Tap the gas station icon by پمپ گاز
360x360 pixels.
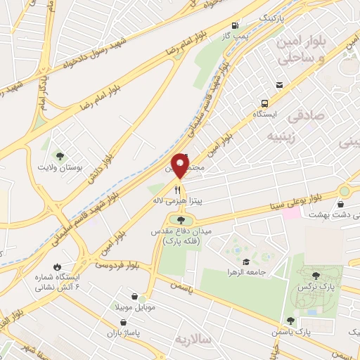point(235,23)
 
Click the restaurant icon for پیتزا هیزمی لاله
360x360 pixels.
point(179,189)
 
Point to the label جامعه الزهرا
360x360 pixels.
point(246,271)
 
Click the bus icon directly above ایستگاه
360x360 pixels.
point(265,101)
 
